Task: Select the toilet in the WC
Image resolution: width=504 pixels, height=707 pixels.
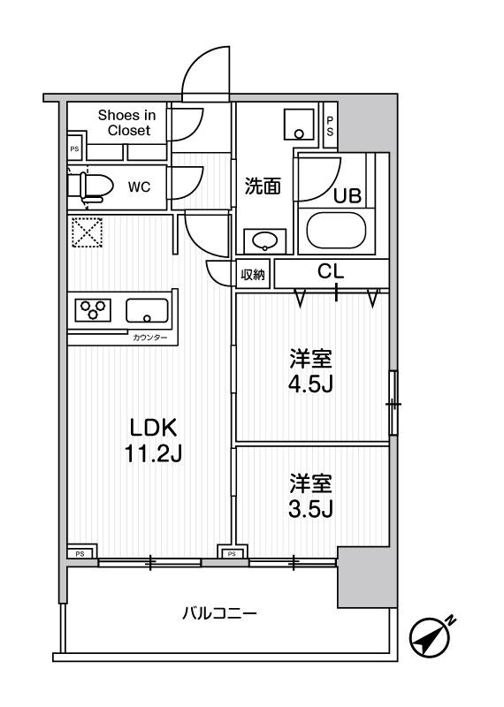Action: (x=91, y=186)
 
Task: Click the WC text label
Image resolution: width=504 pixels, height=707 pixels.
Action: (x=139, y=186)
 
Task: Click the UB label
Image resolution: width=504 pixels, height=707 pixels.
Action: (x=346, y=196)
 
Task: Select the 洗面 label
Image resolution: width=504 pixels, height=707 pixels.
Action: (x=263, y=186)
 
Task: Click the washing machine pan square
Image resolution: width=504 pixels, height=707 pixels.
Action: (x=300, y=125)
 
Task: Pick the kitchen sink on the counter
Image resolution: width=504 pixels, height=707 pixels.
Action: (x=147, y=310)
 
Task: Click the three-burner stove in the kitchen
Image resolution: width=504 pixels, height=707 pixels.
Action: (x=93, y=310)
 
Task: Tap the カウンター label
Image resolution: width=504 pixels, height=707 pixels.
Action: (x=149, y=338)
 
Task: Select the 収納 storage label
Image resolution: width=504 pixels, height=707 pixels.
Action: (x=253, y=275)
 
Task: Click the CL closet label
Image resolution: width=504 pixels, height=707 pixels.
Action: (x=330, y=273)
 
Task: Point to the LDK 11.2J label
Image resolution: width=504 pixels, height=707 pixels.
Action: (x=155, y=440)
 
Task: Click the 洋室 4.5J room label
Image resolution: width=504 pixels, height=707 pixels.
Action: (x=310, y=374)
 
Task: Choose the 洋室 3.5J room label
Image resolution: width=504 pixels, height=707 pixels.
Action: (x=310, y=497)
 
